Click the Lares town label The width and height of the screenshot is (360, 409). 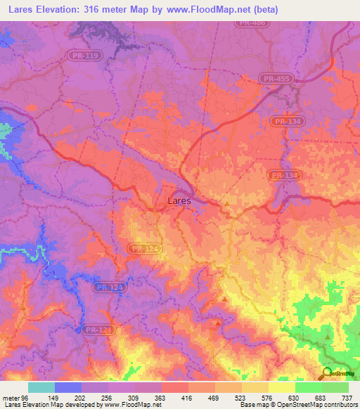click(x=179, y=200)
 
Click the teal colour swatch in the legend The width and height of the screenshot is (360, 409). click(x=41, y=387)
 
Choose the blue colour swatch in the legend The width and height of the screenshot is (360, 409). click(x=68, y=387)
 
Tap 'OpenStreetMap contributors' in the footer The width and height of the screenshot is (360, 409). click(x=319, y=405)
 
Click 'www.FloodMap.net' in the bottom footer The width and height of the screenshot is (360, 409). click(x=133, y=405)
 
